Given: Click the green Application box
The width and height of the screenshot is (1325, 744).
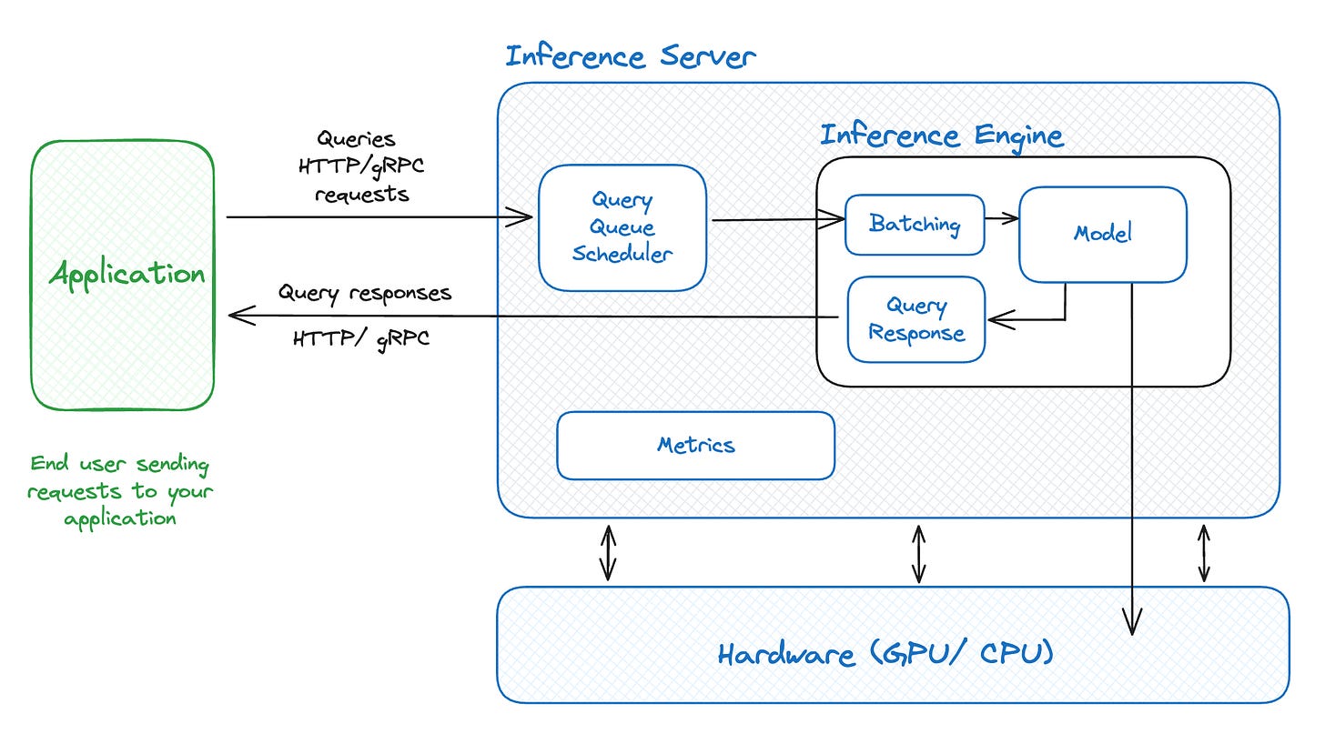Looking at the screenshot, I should [x=123, y=275].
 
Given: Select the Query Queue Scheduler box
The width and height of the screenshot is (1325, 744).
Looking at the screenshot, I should [x=622, y=227].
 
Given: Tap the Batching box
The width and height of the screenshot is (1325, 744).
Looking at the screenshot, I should [x=915, y=224].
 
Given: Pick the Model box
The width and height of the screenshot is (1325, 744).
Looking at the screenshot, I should [x=1102, y=234].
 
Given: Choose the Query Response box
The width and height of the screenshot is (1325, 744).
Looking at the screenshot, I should [x=915, y=319].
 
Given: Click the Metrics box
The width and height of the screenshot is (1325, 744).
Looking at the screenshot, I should [x=695, y=445].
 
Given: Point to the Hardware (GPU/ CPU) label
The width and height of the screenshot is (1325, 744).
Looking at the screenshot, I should [x=885, y=654].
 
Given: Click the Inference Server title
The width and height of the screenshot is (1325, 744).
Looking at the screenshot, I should [x=630, y=56].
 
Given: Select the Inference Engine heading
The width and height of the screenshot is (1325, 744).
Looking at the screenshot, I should [x=941, y=136].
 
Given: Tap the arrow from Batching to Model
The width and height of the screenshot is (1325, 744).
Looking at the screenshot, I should [x=1001, y=218].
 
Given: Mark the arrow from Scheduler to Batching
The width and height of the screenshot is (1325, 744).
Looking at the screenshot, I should [x=777, y=219].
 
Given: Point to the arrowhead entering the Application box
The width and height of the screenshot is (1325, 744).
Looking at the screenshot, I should [x=238, y=315].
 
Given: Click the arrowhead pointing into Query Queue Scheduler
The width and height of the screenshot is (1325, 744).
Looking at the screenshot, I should [x=522, y=216].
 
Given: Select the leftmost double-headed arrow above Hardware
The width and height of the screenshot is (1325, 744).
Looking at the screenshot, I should [x=608, y=551].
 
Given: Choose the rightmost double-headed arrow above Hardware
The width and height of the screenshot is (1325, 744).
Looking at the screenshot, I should [x=1204, y=551].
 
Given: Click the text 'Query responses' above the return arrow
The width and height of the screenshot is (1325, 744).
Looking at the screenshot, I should [x=364, y=293].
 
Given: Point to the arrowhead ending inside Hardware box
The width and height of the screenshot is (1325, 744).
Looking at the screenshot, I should [x=1131, y=626].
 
